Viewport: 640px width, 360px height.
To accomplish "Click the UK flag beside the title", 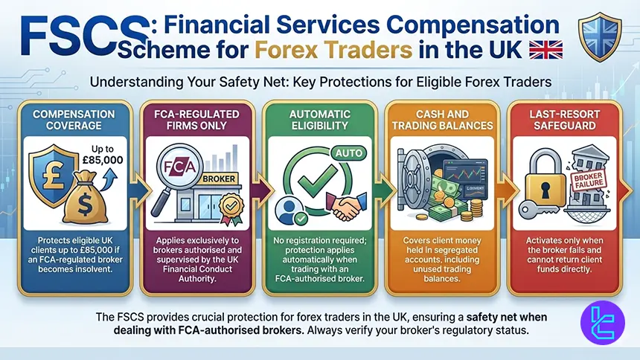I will pos(545,51).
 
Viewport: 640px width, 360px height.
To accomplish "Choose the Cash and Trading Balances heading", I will pos(441,120).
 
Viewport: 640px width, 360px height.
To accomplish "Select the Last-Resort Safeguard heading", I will pos(565,120).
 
